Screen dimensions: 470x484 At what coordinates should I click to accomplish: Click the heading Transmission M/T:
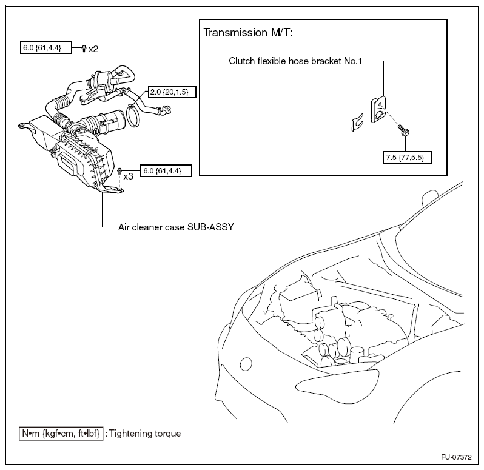click(x=248, y=33)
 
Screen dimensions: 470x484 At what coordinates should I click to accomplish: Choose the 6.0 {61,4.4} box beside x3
click(x=166, y=171)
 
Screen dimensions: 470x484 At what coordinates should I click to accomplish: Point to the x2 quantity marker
click(x=93, y=49)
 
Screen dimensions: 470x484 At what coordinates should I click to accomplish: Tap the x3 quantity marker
click(x=128, y=176)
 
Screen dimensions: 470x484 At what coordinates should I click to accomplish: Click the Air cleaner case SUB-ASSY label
click(x=176, y=227)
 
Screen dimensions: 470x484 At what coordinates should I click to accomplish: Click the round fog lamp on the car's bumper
click(x=246, y=364)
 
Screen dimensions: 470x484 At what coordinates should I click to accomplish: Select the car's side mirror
click(x=429, y=198)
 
